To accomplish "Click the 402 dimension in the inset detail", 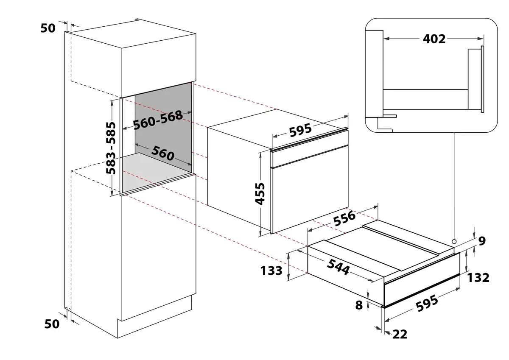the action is [x=434, y=39].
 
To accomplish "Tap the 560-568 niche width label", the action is [x=158, y=120].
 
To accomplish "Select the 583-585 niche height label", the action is [x=111, y=148].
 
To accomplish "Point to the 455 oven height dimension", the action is [x=260, y=194].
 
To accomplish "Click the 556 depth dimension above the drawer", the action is [x=344, y=218].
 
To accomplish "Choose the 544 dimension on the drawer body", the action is [x=338, y=267].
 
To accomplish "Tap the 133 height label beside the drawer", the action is [x=271, y=271].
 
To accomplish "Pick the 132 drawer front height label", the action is [x=478, y=278].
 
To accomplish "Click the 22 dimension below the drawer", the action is [x=400, y=334].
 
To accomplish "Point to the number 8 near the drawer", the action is [x=359, y=305].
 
